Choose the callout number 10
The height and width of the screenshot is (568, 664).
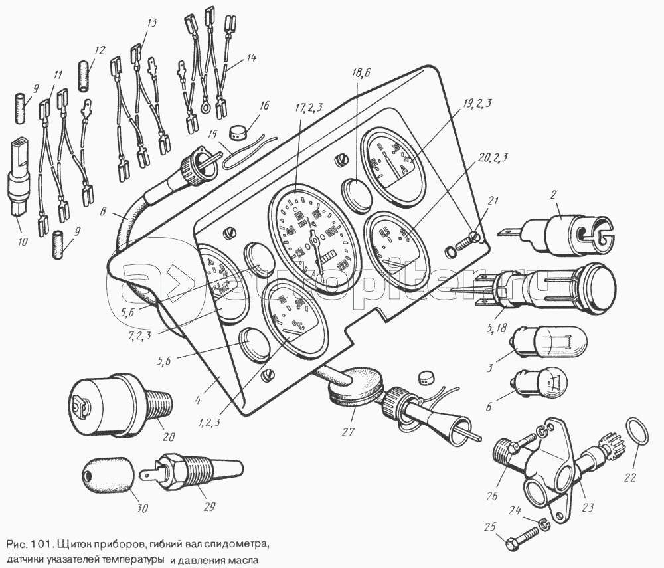pos(23,242)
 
